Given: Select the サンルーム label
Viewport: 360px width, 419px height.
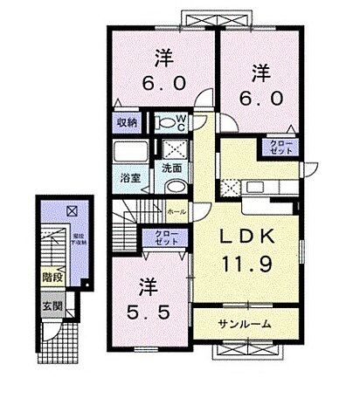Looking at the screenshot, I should [245, 324].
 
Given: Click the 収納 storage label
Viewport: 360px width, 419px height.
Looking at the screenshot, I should [125, 123].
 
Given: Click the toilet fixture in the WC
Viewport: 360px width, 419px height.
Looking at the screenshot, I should [163, 122].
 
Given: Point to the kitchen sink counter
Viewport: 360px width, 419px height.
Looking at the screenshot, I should [262, 185].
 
